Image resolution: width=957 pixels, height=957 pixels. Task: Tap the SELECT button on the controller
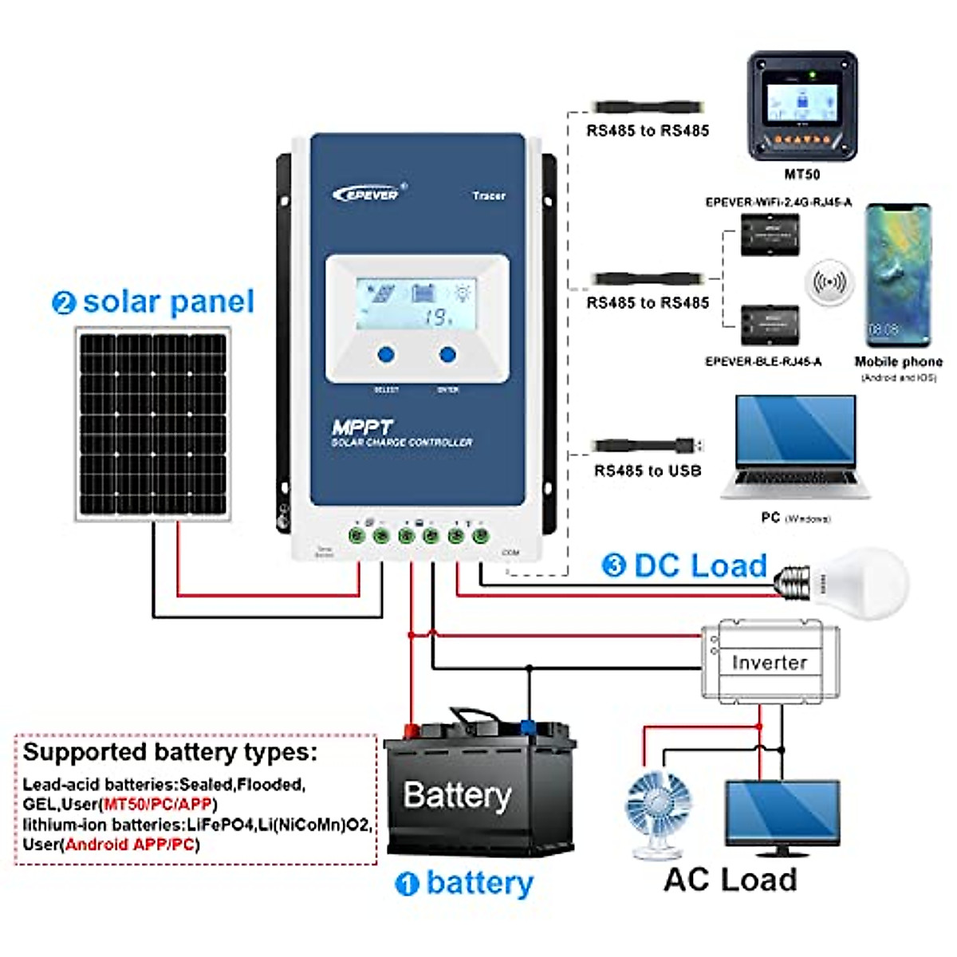click(386, 354)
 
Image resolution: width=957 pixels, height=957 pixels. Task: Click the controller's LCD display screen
click(415, 304)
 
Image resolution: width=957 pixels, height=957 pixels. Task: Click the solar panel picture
click(153, 424)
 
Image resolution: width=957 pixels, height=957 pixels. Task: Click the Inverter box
click(770, 661)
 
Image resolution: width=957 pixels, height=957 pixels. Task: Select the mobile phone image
click(898, 275)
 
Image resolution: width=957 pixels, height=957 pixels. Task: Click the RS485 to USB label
click(648, 471)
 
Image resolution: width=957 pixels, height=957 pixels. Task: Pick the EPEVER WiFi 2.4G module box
click(770, 234)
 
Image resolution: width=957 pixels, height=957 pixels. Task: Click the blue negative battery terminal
click(528, 726)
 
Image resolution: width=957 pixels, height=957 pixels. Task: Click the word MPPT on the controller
click(362, 427)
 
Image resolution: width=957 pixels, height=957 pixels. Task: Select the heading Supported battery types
click(170, 752)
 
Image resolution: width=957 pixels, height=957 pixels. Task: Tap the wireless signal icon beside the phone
click(829, 282)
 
